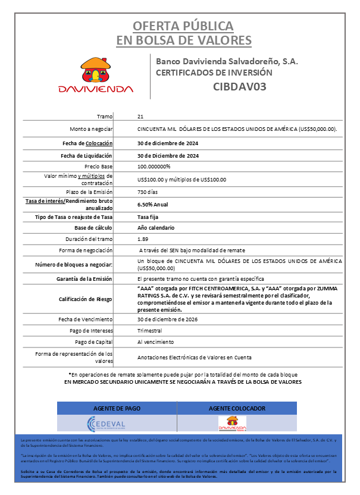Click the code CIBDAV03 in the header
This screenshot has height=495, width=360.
coord(239,86)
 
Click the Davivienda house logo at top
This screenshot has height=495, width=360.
coord(95,75)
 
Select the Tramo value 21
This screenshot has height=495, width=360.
coord(140,117)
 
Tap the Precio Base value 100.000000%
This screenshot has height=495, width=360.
coord(154,166)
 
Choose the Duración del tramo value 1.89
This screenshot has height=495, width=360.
coord(142,239)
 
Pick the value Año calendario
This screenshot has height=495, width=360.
coord(155,228)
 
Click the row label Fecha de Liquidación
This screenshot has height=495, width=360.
coord(87,155)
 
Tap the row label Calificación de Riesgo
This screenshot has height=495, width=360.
coord(86,299)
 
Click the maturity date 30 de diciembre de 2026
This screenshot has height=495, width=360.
coord(172,319)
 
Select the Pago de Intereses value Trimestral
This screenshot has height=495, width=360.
coord(149,331)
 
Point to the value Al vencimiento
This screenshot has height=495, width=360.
coord(155,342)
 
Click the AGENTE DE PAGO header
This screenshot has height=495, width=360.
coord(117,408)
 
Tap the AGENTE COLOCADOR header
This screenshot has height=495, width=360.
coord(236,408)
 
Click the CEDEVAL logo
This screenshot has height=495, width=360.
coord(107,423)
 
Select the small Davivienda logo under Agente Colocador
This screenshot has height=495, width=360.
coord(232,423)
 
